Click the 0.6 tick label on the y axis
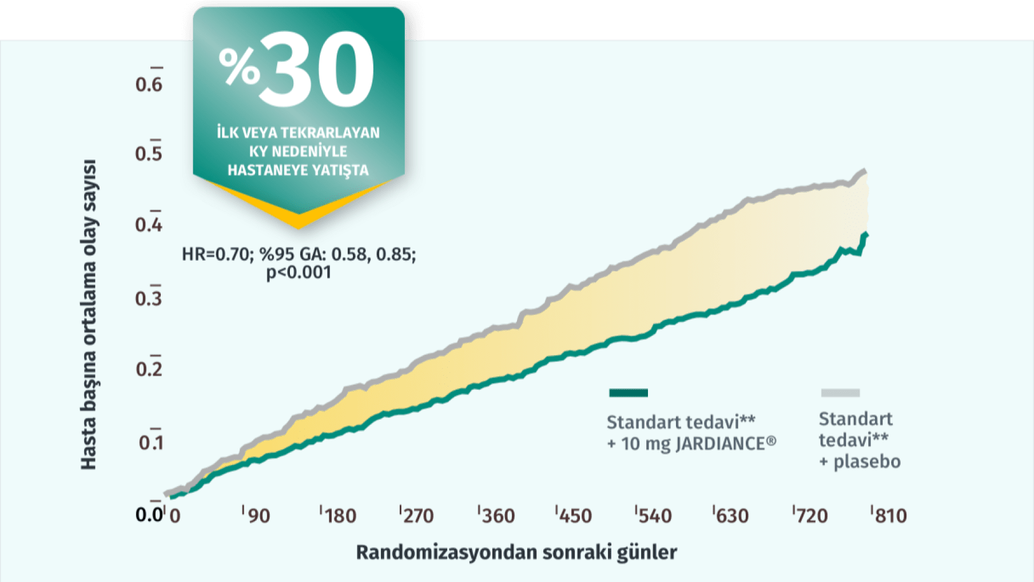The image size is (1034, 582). point(149,85)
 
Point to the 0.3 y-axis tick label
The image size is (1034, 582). point(149,298)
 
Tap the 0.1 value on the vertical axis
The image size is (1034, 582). point(150,443)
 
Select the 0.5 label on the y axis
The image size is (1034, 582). point(149,154)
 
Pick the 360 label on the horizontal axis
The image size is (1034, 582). point(498,516)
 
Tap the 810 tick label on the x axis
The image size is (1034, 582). point(890,516)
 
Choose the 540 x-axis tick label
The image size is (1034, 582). point(655,516)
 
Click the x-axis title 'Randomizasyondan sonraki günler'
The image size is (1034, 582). point(516,552)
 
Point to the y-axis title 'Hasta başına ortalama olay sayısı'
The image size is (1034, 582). point(89,314)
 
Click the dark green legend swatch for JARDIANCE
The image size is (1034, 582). point(629,393)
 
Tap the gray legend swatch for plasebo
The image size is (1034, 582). point(840,393)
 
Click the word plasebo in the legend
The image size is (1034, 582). point(866,462)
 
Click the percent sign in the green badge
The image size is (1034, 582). point(239,66)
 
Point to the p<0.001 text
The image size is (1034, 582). point(299,272)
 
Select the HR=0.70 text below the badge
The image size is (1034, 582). point(214,254)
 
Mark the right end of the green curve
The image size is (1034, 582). point(866,234)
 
